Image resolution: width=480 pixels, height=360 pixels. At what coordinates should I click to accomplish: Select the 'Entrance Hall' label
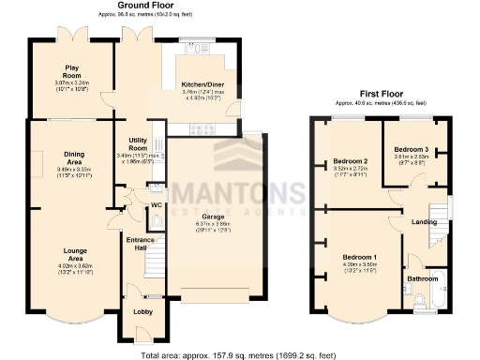point(141,244)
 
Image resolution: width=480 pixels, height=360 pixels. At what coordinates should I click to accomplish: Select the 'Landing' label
point(424,222)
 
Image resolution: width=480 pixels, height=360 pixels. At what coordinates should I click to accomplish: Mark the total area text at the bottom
point(239,354)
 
